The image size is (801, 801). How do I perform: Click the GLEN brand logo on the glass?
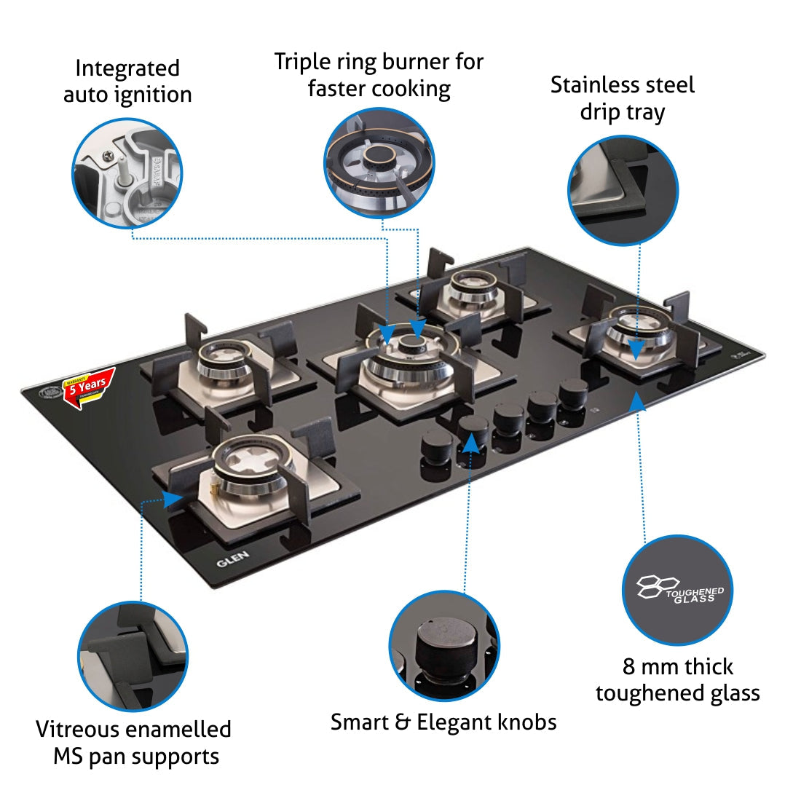pos(232,559)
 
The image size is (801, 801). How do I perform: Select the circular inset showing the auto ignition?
pos(127,174)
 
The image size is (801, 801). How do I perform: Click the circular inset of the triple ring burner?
pos(379,162)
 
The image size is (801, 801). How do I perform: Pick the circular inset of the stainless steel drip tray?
pos(623,190)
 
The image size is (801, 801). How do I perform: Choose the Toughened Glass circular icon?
pos(677,590)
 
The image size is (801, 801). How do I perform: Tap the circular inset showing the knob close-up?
pos(444,646)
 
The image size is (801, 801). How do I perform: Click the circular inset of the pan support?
pos(133,656)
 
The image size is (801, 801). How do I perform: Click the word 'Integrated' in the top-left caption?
pos(127,68)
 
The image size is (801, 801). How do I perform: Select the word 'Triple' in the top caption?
pos(301,62)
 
